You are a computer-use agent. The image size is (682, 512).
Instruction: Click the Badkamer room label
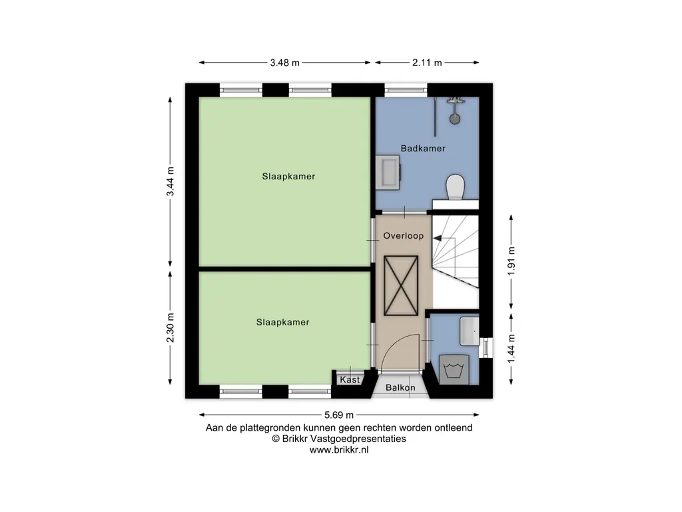[423, 149]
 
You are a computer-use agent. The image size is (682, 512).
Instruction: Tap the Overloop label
[403, 236]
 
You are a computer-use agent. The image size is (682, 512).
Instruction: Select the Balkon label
[400, 387]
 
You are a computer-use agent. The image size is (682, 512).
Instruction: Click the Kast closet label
[350, 379]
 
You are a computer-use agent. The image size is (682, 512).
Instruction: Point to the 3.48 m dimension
[285, 63]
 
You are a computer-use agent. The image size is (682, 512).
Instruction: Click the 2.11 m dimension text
[427, 63]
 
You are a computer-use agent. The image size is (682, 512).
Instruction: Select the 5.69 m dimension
[339, 415]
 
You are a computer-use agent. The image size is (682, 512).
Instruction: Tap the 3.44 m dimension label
[170, 181]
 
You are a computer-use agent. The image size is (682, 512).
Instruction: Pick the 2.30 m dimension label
[170, 328]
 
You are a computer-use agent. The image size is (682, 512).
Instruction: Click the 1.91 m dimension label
[511, 261]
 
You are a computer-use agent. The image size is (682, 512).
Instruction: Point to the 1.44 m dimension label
[511, 349]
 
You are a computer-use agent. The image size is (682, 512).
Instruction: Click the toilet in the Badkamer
[456, 187]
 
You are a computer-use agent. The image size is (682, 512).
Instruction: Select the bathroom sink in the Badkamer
[388, 173]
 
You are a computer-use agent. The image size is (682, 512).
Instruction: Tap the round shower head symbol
[454, 119]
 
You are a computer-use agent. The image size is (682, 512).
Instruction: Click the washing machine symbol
[454, 369]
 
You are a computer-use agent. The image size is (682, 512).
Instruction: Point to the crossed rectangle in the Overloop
[400, 285]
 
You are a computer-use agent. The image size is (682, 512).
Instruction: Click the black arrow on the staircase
[438, 238]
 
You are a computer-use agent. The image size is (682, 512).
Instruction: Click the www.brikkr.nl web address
[339, 450]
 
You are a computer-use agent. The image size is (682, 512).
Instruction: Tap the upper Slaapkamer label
[288, 176]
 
